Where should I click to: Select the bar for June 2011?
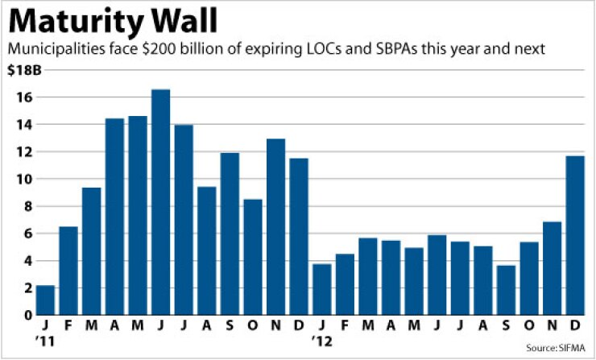(160, 201)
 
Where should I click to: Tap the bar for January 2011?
(45, 300)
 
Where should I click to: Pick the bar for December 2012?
(575, 234)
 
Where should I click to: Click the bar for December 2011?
(299, 236)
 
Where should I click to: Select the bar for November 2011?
(275, 226)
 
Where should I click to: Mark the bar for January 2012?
(321, 288)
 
